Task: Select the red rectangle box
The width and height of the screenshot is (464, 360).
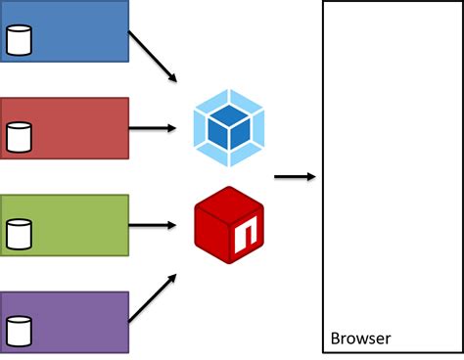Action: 73,127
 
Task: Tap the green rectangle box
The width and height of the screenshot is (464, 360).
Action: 73,225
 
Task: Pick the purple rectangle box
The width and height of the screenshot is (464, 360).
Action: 73,322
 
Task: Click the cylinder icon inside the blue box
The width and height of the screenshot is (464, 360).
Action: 19,39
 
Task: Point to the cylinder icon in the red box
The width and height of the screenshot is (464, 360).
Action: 19,137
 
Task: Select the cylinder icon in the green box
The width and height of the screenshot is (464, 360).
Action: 19,234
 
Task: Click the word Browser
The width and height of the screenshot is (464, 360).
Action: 360,339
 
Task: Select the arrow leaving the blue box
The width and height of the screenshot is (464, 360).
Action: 153,57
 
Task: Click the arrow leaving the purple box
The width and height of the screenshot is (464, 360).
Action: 153,297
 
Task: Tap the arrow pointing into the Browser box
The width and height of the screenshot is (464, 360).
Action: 295,177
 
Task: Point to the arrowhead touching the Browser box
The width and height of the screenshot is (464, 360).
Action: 311,177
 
